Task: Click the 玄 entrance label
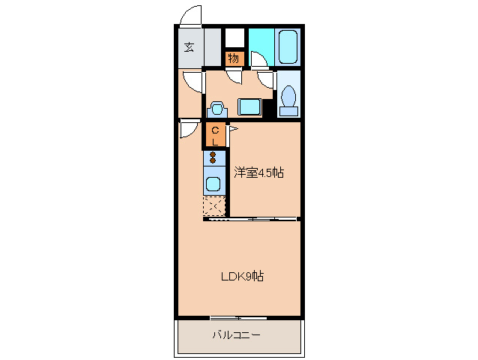pyautogui.click(x=189, y=47)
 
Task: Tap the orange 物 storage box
pyautogui.click(x=234, y=58)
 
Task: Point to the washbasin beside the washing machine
pyautogui.click(x=218, y=108)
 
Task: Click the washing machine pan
pyautogui.click(x=249, y=106)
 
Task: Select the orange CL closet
pyautogui.click(x=214, y=135)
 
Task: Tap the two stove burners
pyautogui.click(x=214, y=158)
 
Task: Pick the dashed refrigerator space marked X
pyautogui.click(x=214, y=206)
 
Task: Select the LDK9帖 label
pyautogui.click(x=241, y=276)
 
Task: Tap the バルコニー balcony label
pyautogui.click(x=236, y=334)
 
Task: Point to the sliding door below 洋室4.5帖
pyautogui.click(x=252, y=219)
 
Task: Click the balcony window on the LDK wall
pyautogui.click(x=238, y=317)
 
